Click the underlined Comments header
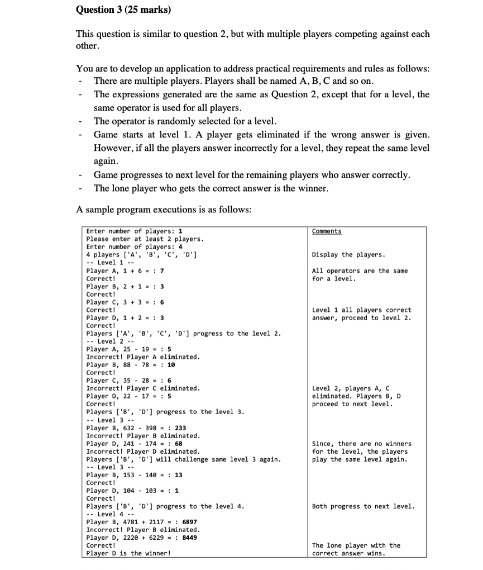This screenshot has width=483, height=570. pos(327,231)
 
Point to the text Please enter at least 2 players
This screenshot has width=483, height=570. pos(145,239)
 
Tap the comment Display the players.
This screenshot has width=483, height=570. pos(348,255)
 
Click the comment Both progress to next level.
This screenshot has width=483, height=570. pos(364,506)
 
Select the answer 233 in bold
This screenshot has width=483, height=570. pos(180,428)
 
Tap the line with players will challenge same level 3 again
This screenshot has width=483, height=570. pos(183,459)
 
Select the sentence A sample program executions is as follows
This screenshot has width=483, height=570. pos(163,210)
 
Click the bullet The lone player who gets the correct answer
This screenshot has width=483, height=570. pos(211,188)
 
